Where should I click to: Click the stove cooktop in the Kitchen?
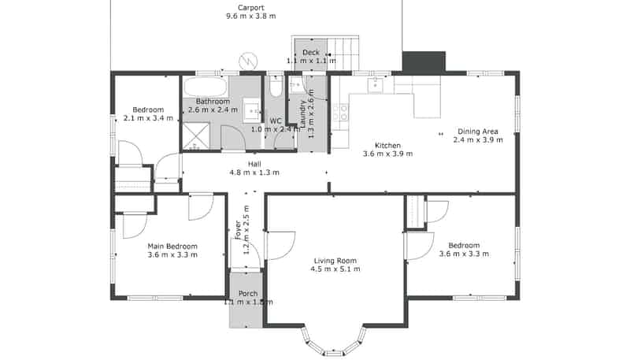[x=340, y=113]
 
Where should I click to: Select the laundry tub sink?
[x=295, y=85]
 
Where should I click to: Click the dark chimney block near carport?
[x=423, y=61]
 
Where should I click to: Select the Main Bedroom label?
[x=172, y=246]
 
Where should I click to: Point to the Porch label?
[x=247, y=293]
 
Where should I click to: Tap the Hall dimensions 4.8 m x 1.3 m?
[x=254, y=173]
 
